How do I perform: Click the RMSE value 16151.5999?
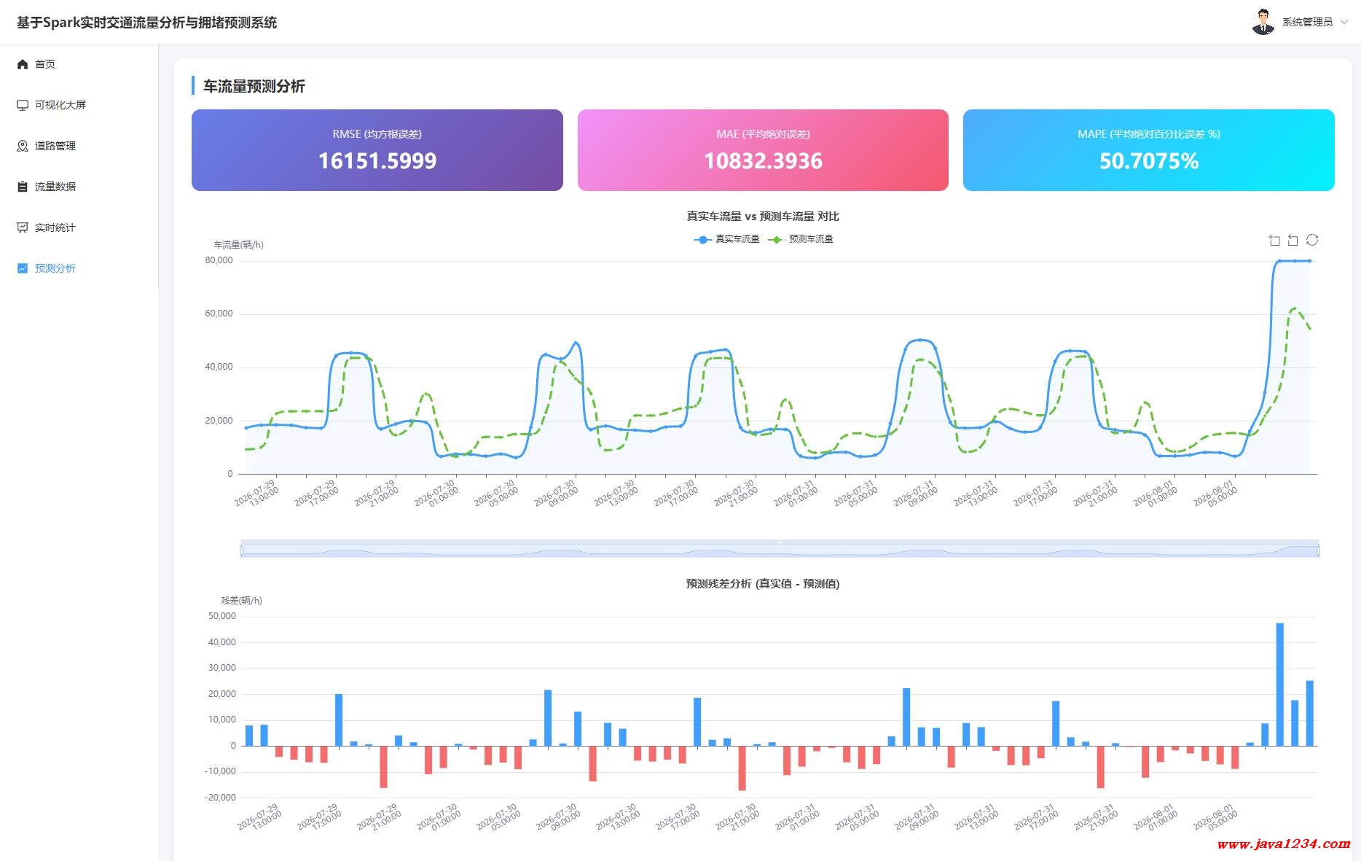click(x=377, y=161)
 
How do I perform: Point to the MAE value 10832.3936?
click(x=763, y=161)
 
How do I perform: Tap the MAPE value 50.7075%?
click(x=1149, y=161)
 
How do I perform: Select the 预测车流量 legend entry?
click(x=801, y=239)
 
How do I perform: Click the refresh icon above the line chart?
click(x=1312, y=240)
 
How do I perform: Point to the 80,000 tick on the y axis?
click(x=219, y=260)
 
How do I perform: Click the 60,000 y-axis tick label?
click(x=219, y=313)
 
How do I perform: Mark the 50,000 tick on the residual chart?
click(x=222, y=616)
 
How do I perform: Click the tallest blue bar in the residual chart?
click(x=1279, y=684)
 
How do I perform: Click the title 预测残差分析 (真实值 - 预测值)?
click(x=763, y=584)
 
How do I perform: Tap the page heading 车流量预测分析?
click(x=254, y=86)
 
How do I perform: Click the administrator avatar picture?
click(x=1263, y=22)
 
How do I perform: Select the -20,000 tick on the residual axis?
click(x=221, y=798)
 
